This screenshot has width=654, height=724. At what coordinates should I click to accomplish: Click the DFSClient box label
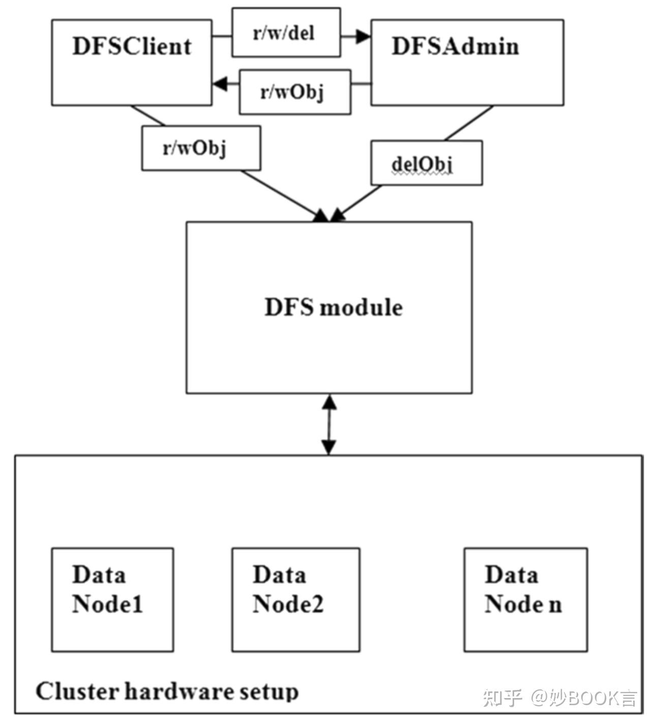coord(132,46)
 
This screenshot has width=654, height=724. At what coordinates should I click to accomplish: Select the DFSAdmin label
coord(455,46)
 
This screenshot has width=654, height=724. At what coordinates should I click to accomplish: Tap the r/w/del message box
coord(286,33)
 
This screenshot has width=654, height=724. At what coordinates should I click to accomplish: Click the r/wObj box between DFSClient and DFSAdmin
coord(294,92)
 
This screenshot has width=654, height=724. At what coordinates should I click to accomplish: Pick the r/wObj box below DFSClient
coord(201,148)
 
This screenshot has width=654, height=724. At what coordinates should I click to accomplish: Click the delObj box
coord(426,163)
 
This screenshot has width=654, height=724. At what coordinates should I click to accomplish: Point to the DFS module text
coord(333,307)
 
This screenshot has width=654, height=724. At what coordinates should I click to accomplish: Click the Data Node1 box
coord(112,599)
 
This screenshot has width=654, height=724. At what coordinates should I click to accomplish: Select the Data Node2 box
coord(295,599)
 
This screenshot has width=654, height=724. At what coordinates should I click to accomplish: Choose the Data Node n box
coord(525,599)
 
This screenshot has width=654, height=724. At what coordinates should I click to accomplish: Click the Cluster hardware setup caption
coord(167,692)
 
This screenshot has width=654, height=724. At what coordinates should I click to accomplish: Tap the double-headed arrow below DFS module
coord(330,424)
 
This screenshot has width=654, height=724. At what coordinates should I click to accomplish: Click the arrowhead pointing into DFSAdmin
coord(363,36)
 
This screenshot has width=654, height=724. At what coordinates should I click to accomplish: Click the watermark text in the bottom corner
coord(560,698)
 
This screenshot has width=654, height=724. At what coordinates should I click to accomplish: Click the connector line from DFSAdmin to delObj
coord(469,123)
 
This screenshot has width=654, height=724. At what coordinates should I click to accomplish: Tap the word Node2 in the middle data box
coord(288,604)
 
